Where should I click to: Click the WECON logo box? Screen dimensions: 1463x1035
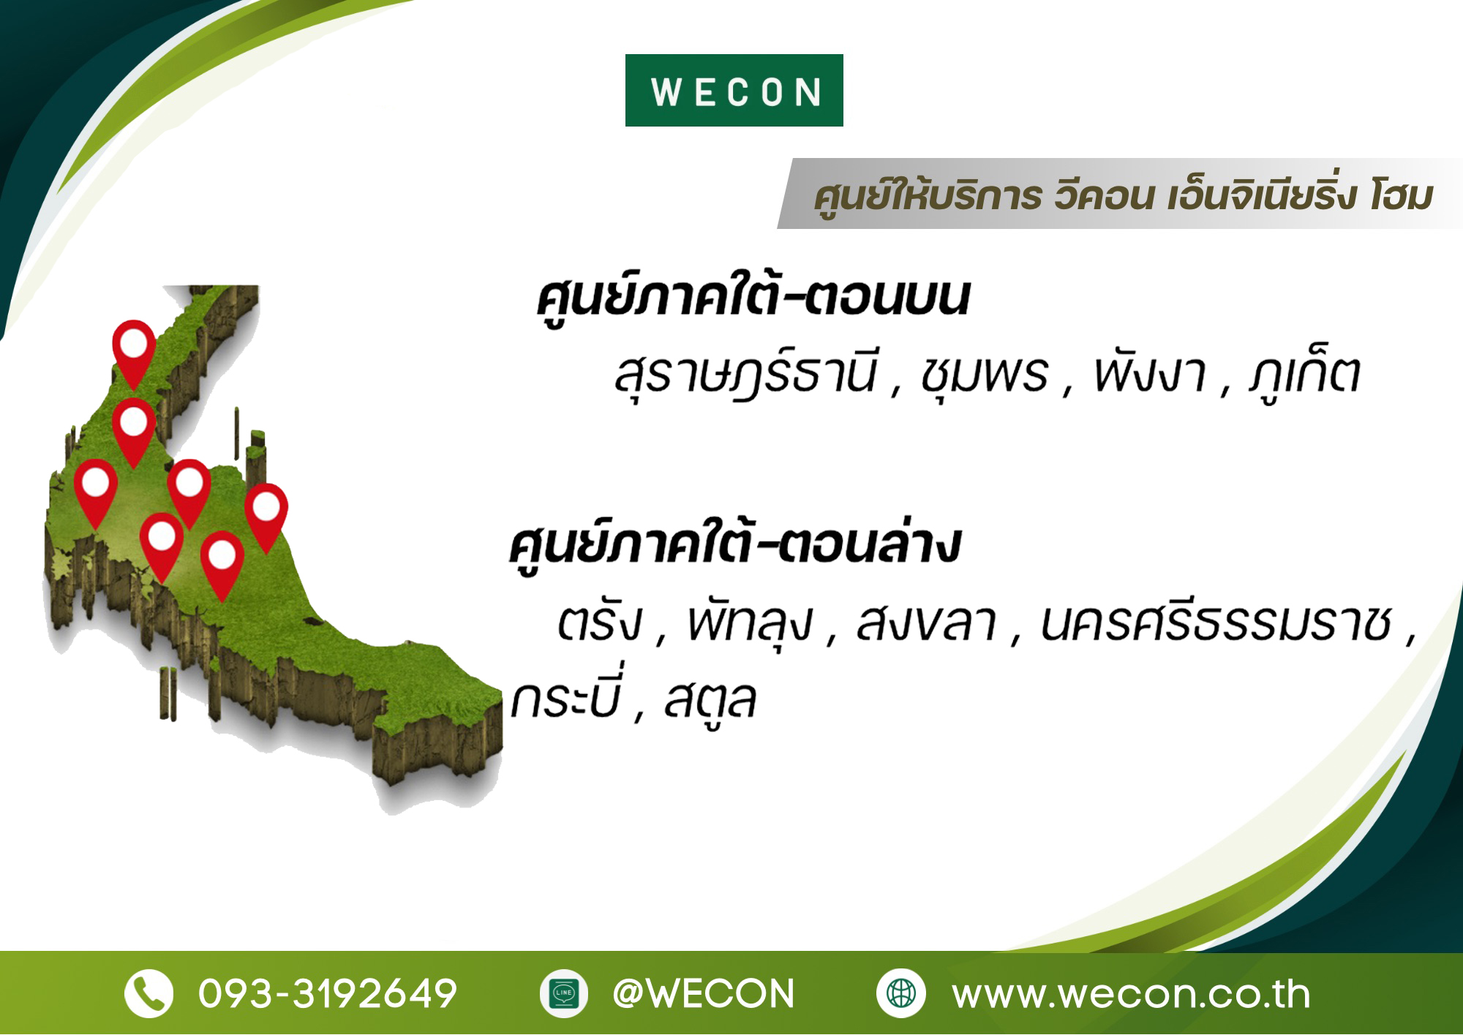(734, 90)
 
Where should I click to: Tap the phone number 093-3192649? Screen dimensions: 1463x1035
(328, 993)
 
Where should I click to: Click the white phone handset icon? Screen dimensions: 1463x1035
(148, 993)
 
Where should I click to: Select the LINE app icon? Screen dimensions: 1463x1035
(563, 993)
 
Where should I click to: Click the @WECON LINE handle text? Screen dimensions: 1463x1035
(703, 993)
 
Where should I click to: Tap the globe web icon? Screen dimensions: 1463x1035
(900, 993)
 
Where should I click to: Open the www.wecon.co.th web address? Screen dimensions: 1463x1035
(1131, 994)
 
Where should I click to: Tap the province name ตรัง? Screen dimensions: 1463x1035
(600, 622)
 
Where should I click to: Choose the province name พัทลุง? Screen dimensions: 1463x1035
(749, 624)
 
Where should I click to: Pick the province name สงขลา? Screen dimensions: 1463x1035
(927, 622)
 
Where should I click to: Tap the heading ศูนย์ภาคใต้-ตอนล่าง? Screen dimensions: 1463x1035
(734, 545)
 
